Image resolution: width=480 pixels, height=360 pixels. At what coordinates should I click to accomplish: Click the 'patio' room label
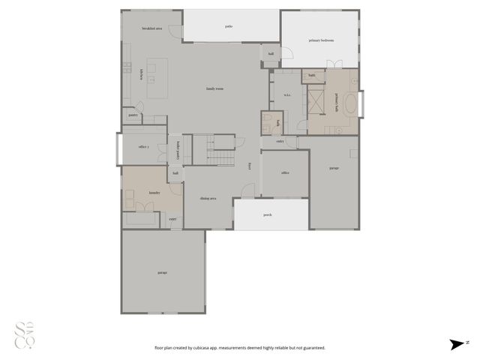(229, 26)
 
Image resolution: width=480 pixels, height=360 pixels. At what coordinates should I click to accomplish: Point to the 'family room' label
(215, 88)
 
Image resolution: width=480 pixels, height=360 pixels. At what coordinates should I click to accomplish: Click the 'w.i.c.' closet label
(287, 94)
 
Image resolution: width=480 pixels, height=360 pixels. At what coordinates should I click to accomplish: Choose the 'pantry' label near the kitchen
(133, 115)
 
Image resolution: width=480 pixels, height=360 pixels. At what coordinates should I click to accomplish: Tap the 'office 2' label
(144, 147)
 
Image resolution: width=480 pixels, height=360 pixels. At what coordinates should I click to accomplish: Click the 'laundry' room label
(154, 193)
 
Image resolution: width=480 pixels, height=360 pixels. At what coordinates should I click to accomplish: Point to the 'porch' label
(268, 214)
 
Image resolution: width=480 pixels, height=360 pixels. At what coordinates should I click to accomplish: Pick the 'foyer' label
(249, 166)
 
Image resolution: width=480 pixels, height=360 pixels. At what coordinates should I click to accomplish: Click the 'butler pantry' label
(178, 151)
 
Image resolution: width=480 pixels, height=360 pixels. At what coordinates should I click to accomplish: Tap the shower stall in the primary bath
(316, 100)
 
